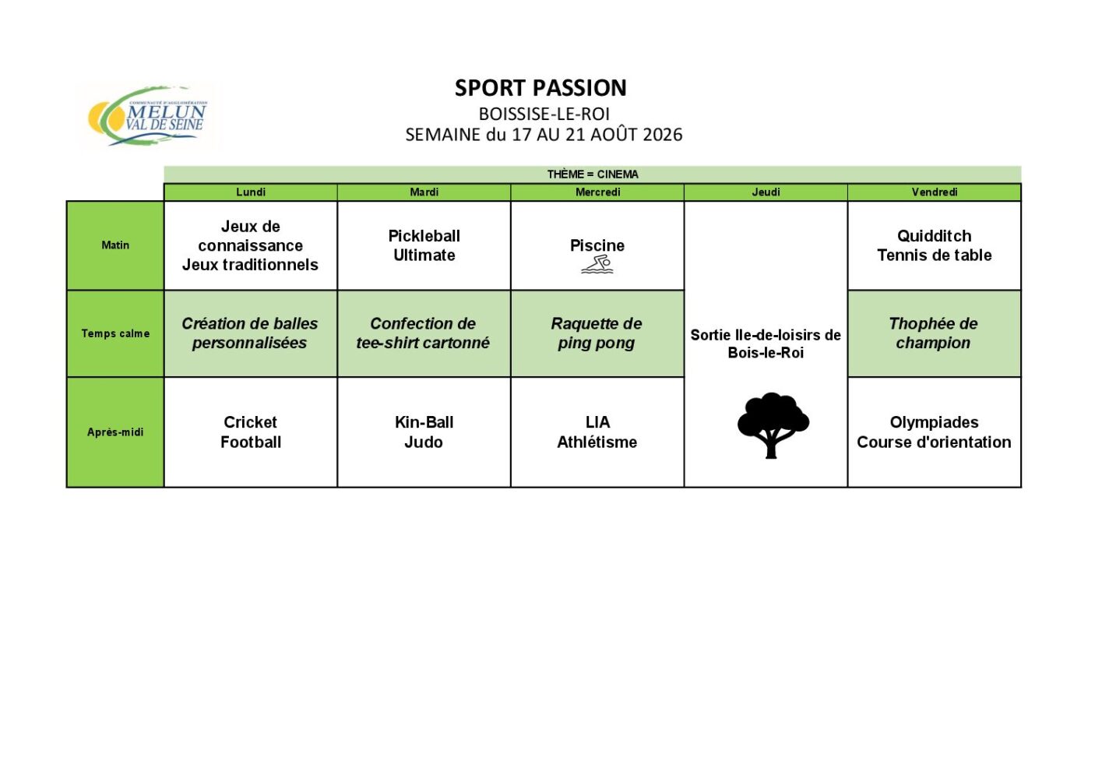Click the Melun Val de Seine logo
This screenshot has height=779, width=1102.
click(148, 116)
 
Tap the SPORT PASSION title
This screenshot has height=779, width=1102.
click(540, 88)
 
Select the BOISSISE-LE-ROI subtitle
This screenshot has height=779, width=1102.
click(544, 115)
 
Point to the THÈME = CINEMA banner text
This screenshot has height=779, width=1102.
click(593, 174)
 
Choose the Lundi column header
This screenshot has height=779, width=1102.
click(251, 192)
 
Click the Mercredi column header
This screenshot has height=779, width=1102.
click(598, 192)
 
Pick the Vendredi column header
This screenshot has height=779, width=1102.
click(935, 192)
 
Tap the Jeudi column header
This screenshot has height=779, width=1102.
click(766, 192)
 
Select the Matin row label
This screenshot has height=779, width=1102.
click(115, 245)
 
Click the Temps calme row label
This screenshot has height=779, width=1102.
click(115, 333)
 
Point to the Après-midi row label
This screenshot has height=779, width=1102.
click(115, 432)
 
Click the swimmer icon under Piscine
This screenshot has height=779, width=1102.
click(597, 264)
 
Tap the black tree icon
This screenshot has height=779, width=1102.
click(773, 425)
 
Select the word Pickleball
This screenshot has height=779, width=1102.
click(424, 236)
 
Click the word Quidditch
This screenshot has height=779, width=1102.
click(935, 236)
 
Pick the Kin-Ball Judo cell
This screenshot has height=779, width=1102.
click(424, 432)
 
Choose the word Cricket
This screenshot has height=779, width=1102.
click(251, 422)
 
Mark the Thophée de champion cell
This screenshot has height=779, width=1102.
click(934, 333)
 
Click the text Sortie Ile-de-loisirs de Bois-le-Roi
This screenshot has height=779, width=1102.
click(766, 344)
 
